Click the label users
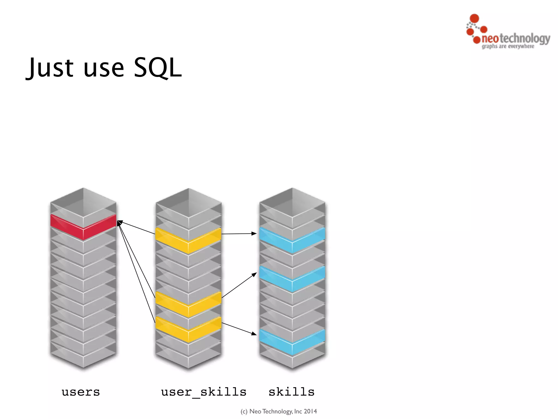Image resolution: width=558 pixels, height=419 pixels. [x=81, y=392]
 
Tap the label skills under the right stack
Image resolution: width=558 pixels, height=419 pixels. [x=292, y=392]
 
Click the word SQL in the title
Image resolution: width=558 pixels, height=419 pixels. [x=157, y=67]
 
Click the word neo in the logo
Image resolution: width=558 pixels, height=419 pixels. [x=490, y=39]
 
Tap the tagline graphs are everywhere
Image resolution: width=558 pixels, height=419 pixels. [x=508, y=46]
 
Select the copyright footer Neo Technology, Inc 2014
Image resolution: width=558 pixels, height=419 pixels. [x=279, y=411]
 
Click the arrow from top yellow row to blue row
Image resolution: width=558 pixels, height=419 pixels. [x=239, y=234]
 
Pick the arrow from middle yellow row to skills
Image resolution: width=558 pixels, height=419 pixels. [x=239, y=285]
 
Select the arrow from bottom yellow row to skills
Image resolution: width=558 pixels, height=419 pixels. [x=239, y=328]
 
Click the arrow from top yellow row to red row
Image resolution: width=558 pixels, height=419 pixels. [x=136, y=228]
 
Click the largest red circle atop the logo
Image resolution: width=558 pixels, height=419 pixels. [x=474, y=18]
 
